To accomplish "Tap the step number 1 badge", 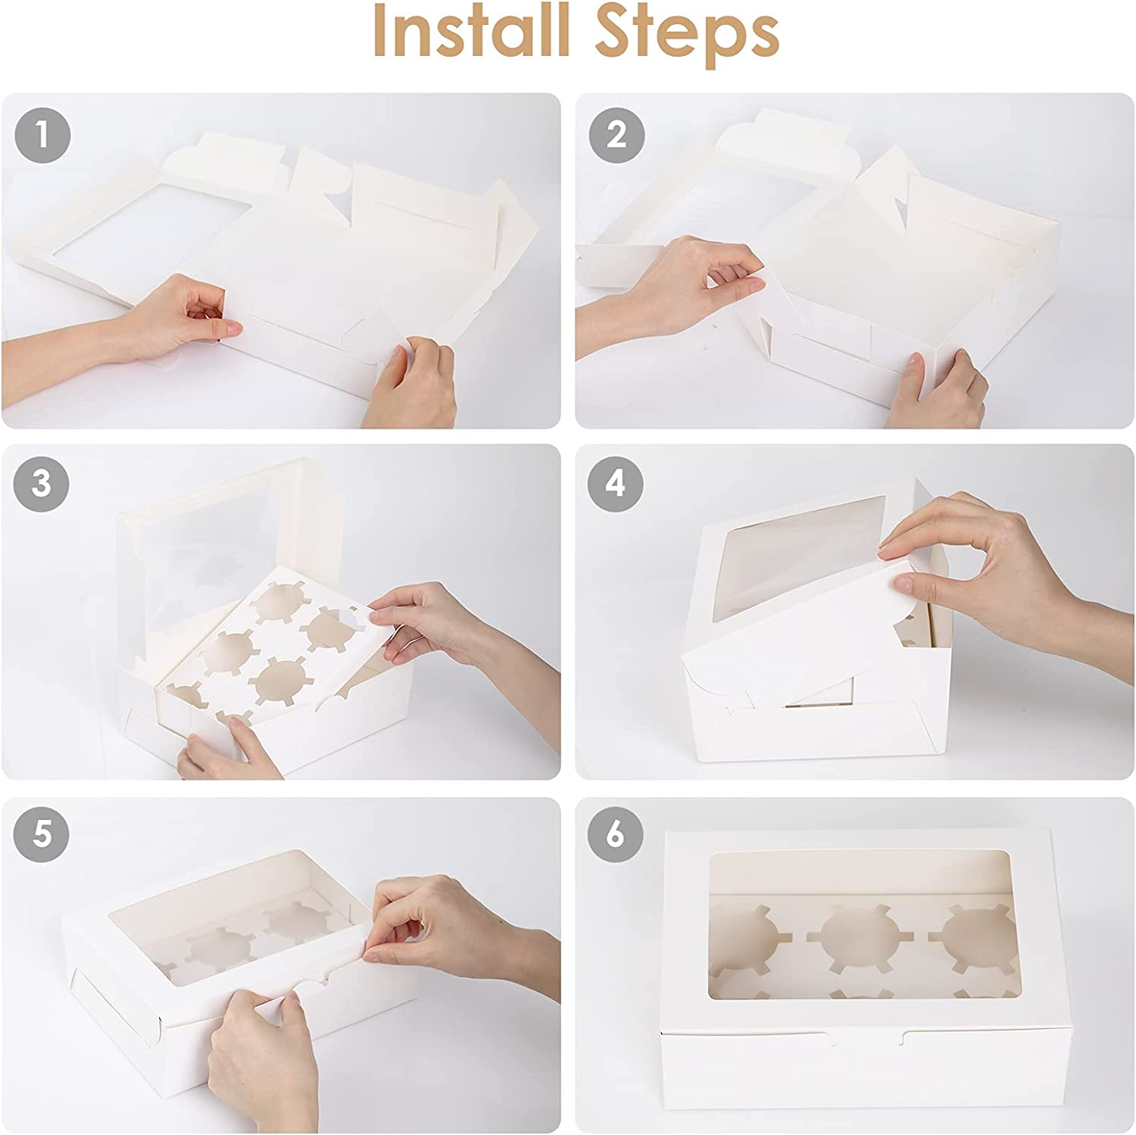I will pyautogui.click(x=42, y=136).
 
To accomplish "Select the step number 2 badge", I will pyautogui.click(x=616, y=136).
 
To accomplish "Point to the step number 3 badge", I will pyautogui.click(x=42, y=484).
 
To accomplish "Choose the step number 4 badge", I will pyautogui.click(x=616, y=484).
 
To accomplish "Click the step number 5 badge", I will pyautogui.click(x=42, y=834).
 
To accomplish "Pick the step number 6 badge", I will pyautogui.click(x=616, y=834).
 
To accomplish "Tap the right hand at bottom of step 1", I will pyautogui.click(x=413, y=382).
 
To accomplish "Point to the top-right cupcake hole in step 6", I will pyautogui.click(x=981, y=936).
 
